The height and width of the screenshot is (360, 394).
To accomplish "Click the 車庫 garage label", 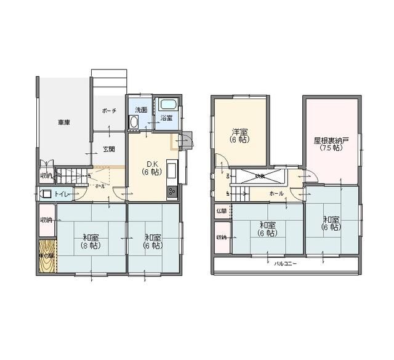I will pyautogui.click(x=64, y=122).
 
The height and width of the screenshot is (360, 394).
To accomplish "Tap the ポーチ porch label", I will pyautogui.click(x=109, y=111).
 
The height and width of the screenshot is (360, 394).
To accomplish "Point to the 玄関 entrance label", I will pyautogui.click(x=109, y=149).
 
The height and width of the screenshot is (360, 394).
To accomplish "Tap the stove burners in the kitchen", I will pyautogui.click(x=172, y=191).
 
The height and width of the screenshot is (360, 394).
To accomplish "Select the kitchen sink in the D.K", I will pyautogui.click(x=172, y=169).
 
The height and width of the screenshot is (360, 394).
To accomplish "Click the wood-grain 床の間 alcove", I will pyautogui.click(x=47, y=258).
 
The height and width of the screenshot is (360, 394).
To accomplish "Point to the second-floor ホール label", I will pyautogui.click(x=276, y=193).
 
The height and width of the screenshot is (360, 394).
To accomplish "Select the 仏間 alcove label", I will pyautogui.click(x=222, y=210).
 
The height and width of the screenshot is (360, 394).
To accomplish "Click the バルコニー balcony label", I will pyautogui.click(x=286, y=263).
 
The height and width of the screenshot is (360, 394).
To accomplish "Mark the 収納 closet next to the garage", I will pyautogui.click(x=46, y=176).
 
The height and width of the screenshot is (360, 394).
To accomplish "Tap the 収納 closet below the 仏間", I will pyautogui.click(x=222, y=237).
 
